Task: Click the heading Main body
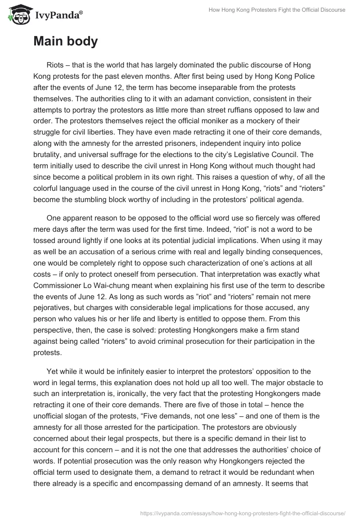(x=65, y=41)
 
